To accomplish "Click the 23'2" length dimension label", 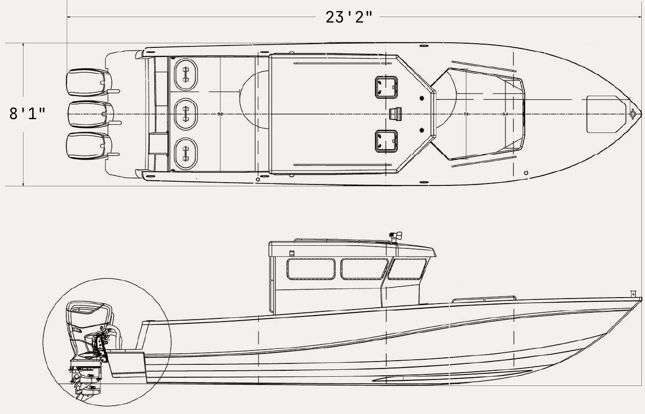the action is click(x=349, y=17).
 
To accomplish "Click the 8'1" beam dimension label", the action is click(x=28, y=113).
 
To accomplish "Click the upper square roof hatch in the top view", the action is click(x=386, y=86).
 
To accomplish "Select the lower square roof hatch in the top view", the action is click(x=386, y=141).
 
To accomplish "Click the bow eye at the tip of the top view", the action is click(x=633, y=113).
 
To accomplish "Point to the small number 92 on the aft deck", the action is click(x=220, y=114).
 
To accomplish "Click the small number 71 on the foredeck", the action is click(x=466, y=114).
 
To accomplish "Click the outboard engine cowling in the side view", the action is click(x=89, y=317).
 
